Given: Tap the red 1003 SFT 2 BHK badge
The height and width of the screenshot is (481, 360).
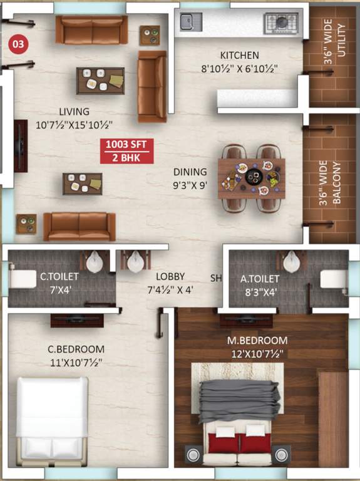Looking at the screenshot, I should [126, 150].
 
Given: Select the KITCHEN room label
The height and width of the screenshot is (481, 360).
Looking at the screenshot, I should [239, 55].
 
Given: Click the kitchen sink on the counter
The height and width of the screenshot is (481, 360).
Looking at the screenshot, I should [187, 22].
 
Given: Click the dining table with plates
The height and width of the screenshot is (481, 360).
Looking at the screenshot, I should [252, 178].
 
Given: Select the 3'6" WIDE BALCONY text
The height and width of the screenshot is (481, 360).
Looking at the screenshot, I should [331, 185].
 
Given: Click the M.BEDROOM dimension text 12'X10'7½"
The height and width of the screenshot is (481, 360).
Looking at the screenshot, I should [257, 354].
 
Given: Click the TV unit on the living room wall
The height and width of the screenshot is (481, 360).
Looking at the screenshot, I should [19, 146].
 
